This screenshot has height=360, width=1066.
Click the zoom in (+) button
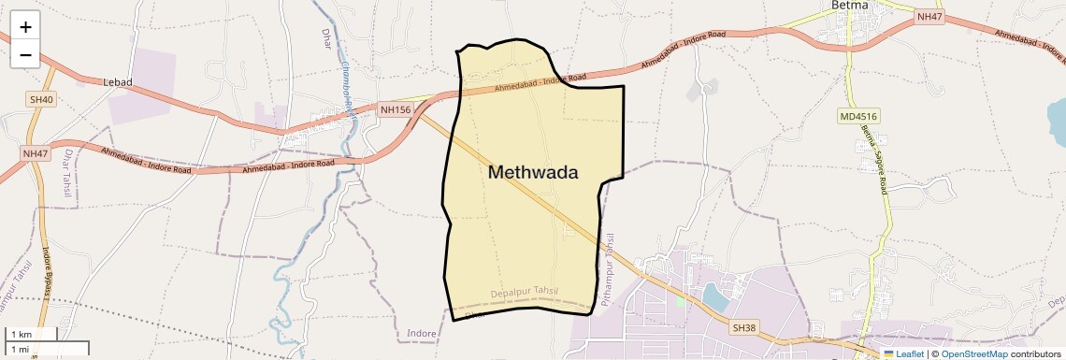click(25, 27)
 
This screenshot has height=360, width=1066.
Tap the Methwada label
click(533, 172)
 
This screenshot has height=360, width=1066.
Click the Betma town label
click(850, 6)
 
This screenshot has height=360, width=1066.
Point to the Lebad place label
click(118, 82)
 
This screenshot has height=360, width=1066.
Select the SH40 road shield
click(42, 99)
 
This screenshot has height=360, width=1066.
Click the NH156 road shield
click(396, 110)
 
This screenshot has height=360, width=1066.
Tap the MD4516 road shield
click(858, 117)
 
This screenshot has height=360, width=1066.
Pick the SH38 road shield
click(742, 328)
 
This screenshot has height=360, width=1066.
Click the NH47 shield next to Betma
click(929, 17)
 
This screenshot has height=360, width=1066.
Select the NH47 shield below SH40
click(35, 152)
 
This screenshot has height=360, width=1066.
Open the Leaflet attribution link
click(903, 353)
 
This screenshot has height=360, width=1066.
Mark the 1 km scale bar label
click(21, 335)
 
